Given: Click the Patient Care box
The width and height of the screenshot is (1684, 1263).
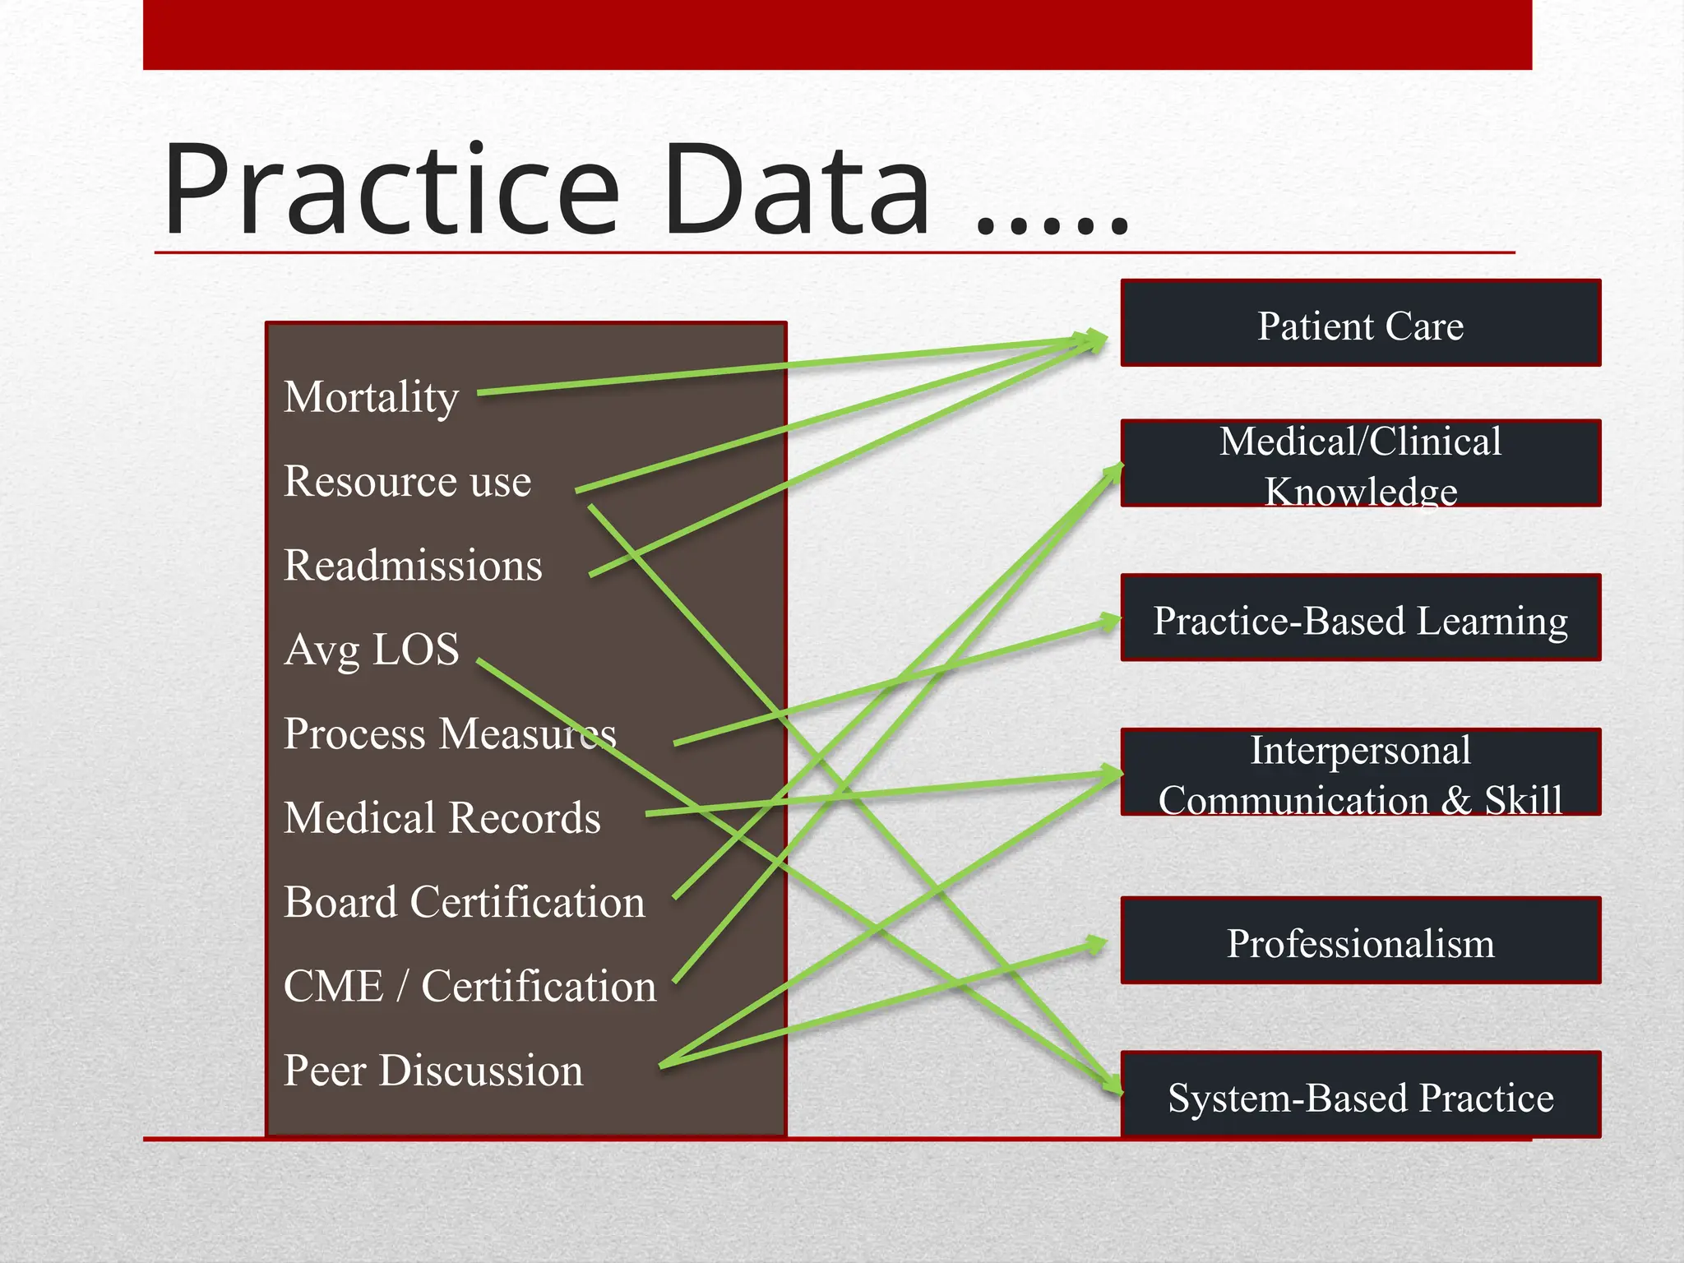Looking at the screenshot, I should click(1360, 323).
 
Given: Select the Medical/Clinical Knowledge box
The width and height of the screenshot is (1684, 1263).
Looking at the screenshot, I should click(1360, 464).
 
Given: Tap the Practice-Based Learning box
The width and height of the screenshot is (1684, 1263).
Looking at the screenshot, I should click(1360, 618).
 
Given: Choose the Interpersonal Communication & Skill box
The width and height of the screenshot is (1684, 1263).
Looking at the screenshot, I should click(1360, 773).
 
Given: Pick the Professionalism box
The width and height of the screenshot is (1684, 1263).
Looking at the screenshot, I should click(1360, 941).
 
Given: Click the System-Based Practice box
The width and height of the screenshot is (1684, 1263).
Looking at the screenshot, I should click(1360, 1095).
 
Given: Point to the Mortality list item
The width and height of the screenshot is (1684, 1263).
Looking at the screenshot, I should click(371, 397).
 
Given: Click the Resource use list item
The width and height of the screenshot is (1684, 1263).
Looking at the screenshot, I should click(407, 481).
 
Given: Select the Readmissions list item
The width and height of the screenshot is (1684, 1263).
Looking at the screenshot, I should click(413, 566).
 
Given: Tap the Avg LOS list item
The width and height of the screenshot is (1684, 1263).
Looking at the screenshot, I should click(371, 650).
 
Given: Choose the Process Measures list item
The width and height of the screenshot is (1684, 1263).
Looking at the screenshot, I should click(449, 733).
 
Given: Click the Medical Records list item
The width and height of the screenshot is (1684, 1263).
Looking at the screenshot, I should click(442, 818).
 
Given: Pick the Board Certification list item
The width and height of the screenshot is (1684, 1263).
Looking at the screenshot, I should click(464, 902).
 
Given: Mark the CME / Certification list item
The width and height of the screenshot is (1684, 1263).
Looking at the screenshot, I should click(470, 986).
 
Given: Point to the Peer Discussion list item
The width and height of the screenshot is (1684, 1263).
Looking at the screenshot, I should click(433, 1071).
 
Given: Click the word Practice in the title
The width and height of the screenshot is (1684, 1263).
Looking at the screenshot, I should click(391, 191).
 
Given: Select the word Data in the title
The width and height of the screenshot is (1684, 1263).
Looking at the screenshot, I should click(796, 191).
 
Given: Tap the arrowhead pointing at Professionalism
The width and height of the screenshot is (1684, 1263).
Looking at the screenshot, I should click(1097, 944).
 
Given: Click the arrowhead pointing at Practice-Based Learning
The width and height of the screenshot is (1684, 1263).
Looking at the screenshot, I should click(1110, 622).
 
